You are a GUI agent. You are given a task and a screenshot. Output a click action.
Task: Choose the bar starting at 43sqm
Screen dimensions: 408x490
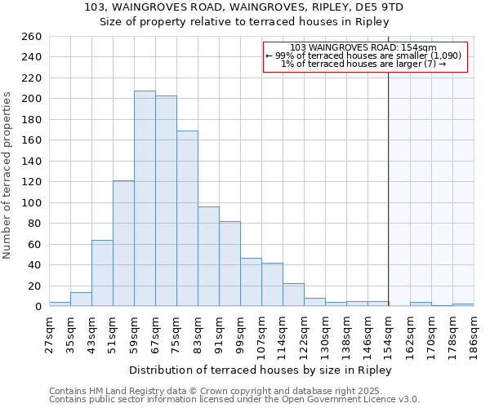click(102, 273)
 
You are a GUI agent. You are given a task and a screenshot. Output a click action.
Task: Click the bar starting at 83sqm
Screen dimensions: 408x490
click(208, 256)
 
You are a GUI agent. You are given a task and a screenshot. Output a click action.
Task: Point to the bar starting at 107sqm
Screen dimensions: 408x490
click(272, 285)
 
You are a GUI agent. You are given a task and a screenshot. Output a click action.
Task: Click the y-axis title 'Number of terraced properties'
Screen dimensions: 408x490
click(8, 175)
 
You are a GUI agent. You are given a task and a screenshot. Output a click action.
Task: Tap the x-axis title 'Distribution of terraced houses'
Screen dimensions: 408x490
click(261, 370)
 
